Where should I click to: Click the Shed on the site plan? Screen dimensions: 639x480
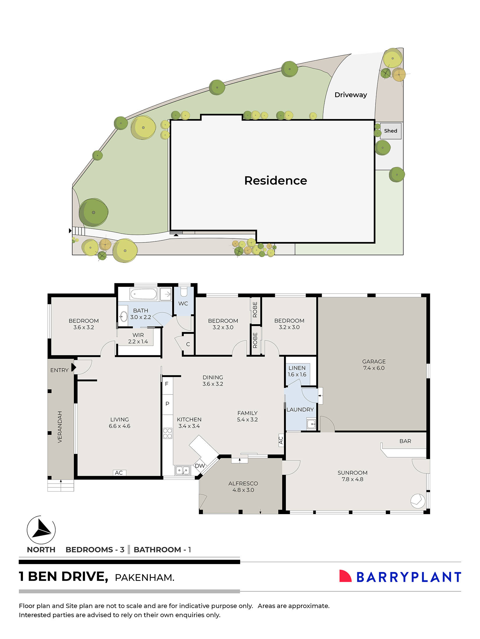click(390, 131)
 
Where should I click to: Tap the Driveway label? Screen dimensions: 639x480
click(351, 95)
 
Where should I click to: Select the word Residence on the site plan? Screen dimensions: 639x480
click(275, 181)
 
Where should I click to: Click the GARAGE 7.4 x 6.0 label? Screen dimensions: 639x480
click(374, 365)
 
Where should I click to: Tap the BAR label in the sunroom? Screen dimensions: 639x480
click(405, 441)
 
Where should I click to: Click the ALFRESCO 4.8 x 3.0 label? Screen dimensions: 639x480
click(243, 487)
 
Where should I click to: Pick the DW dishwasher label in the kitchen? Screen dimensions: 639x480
click(200, 466)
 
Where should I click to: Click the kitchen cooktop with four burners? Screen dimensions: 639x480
click(167, 433)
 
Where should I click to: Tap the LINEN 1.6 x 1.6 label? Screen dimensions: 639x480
click(297, 371)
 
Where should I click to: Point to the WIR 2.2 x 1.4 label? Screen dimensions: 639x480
click(138, 338)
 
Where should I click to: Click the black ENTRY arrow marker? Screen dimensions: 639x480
click(74, 367)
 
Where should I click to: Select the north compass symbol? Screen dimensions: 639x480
click(41, 530)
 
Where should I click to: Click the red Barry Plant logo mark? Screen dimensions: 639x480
click(345, 576)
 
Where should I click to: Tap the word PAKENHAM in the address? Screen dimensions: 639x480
click(144, 578)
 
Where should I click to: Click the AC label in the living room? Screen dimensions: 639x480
click(119, 473)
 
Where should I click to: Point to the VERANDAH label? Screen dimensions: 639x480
click(60, 427)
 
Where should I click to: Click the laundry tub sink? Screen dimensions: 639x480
click(311, 424)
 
